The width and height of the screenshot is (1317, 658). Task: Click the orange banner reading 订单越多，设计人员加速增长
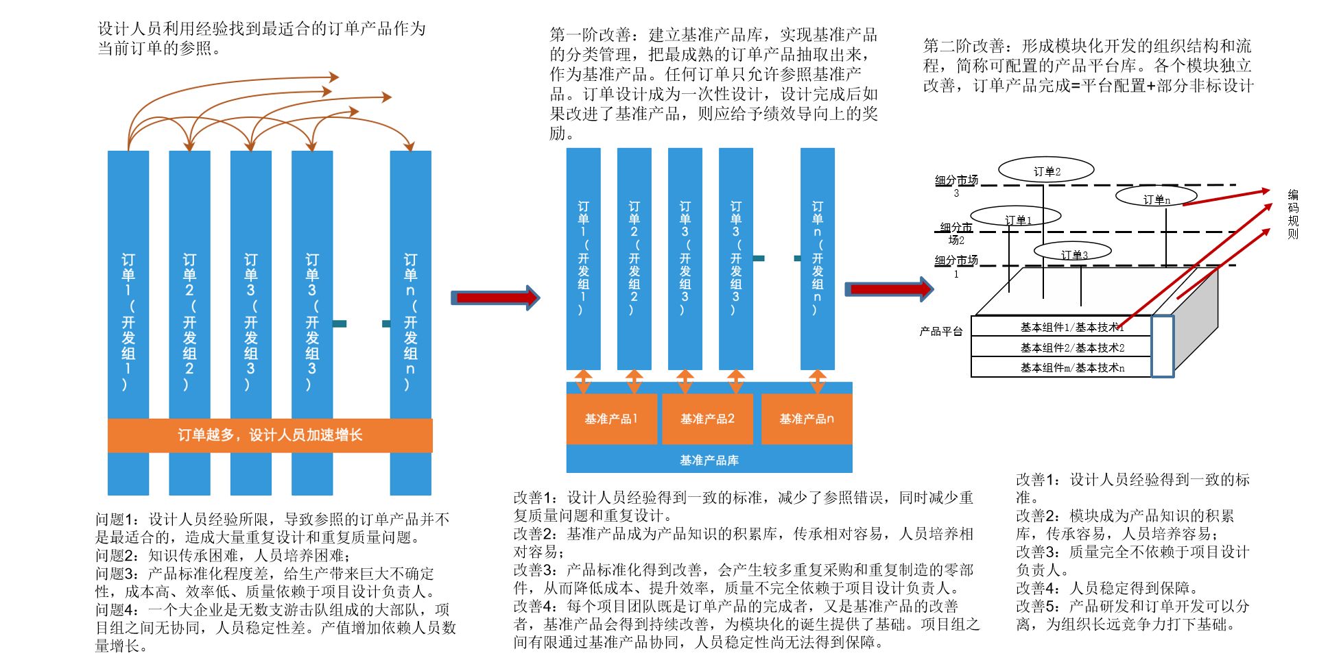click(x=270, y=435)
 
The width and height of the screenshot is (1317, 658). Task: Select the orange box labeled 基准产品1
click(x=611, y=419)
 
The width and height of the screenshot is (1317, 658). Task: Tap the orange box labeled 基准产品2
click(x=707, y=419)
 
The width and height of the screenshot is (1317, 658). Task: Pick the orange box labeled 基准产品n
click(x=807, y=419)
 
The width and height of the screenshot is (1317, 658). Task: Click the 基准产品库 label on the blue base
click(x=709, y=461)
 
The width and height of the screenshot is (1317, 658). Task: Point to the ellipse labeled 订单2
click(x=1046, y=171)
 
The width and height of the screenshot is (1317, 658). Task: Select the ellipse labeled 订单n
click(x=1156, y=199)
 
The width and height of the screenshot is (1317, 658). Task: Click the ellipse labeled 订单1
click(x=1017, y=219)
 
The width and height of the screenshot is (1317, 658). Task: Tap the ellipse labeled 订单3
click(x=1073, y=254)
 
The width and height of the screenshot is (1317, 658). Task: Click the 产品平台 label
click(x=941, y=332)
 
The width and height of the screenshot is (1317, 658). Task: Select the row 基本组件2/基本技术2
click(x=1071, y=348)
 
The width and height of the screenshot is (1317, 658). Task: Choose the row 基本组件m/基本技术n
click(x=1071, y=368)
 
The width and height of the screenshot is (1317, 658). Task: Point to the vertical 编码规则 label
click(x=1292, y=215)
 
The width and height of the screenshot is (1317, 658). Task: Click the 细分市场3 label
click(x=956, y=184)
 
